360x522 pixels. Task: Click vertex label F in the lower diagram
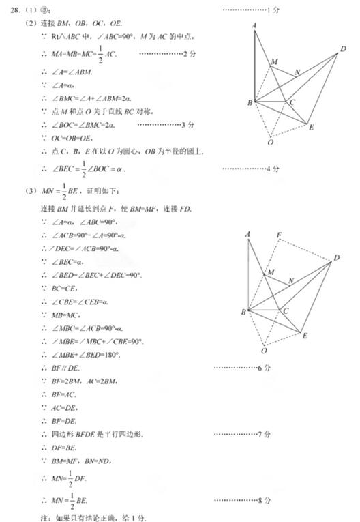pyautogui.click(x=279, y=235)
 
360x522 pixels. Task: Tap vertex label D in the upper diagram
pyautogui.click(x=343, y=48)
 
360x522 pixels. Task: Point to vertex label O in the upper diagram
pyautogui.click(x=270, y=143)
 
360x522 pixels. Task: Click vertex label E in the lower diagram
pyautogui.click(x=304, y=335)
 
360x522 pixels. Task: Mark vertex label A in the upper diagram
pyautogui.click(x=254, y=25)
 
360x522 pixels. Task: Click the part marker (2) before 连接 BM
pyautogui.click(x=29, y=23)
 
